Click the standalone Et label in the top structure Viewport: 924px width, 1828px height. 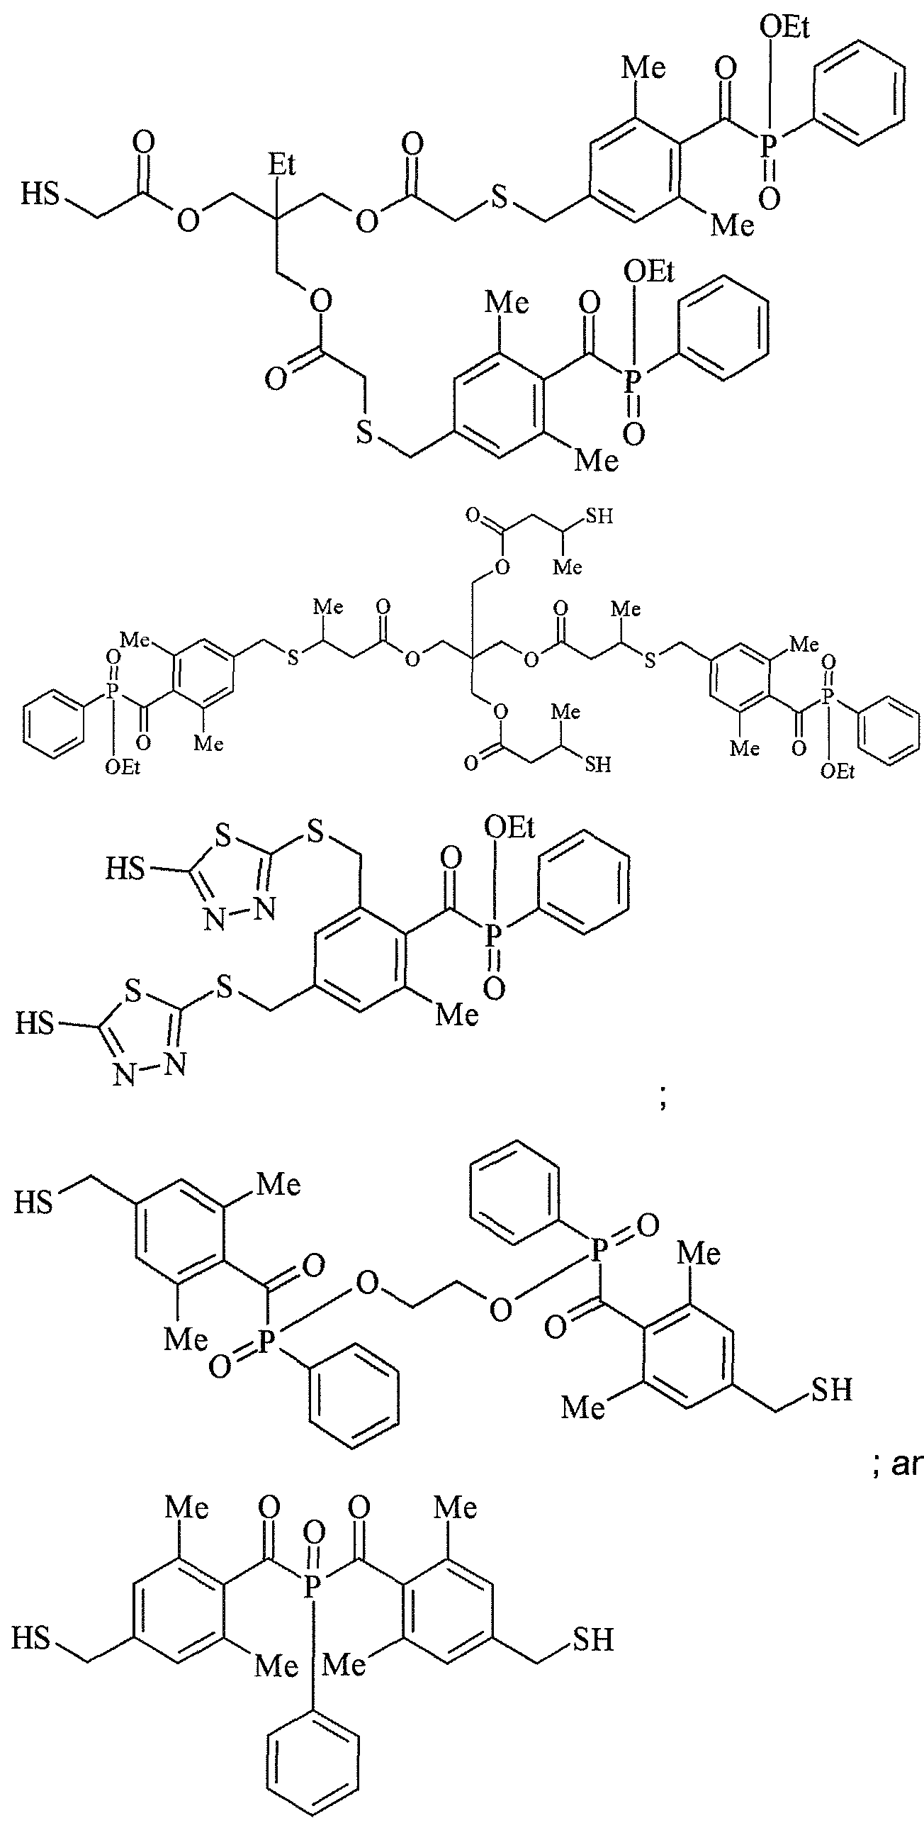click(x=281, y=165)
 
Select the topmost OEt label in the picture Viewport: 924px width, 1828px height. click(x=784, y=28)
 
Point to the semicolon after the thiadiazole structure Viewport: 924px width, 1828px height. click(x=663, y=1101)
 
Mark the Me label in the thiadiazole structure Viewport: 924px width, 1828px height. click(x=457, y=1013)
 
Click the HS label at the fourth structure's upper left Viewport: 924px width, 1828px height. click(x=34, y=1202)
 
